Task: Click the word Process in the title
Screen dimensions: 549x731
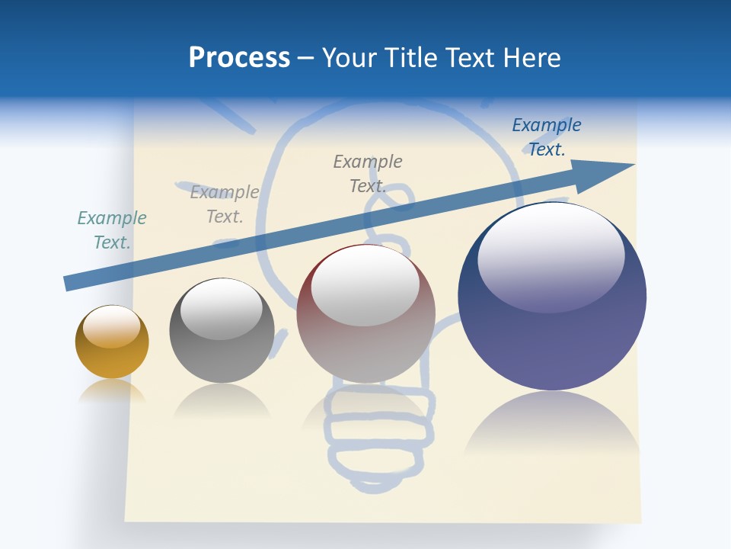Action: coord(239,58)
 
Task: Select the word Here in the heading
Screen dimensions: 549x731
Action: coord(531,58)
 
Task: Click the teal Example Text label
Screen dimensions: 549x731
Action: coord(112,230)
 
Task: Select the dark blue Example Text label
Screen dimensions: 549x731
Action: coord(546,137)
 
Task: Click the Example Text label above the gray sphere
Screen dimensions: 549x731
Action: coord(225,204)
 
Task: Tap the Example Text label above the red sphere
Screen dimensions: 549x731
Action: coord(368,173)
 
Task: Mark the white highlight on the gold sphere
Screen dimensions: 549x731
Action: coord(112,327)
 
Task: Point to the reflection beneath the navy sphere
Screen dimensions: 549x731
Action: coord(552,427)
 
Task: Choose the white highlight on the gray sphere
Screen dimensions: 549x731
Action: coord(222,309)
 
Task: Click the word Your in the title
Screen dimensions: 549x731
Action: coord(348,58)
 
